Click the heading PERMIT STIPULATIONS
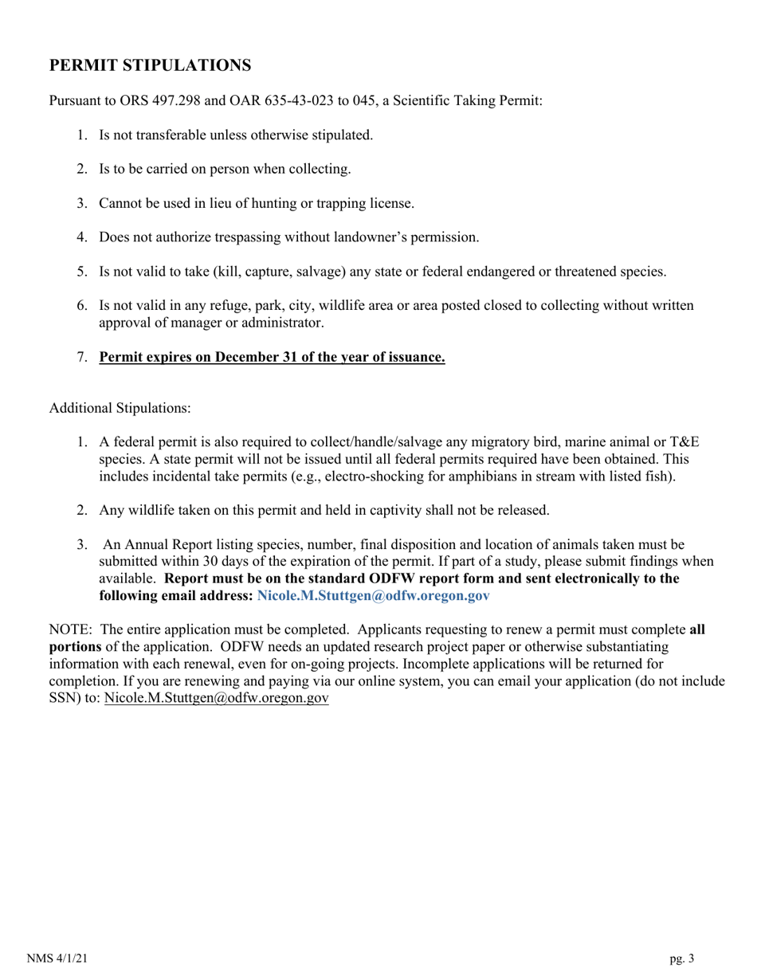coord(150,65)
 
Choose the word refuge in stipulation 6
coord(236,306)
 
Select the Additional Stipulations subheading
coord(120,408)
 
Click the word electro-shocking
coord(321,476)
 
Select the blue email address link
coord(373,595)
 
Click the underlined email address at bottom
coord(216,697)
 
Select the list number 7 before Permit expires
coord(82,358)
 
